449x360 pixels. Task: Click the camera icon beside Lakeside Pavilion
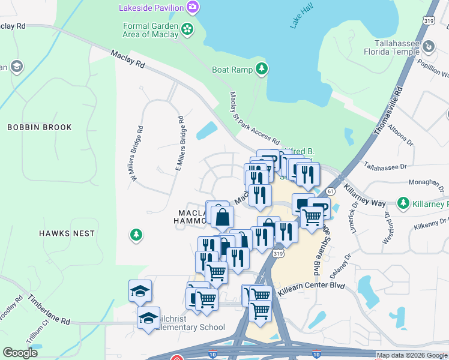[193, 8]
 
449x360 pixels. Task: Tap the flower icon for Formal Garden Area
[188, 29]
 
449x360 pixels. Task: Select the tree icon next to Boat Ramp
[262, 70]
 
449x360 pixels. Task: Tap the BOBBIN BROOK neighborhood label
[40, 127]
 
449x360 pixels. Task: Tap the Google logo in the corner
[20, 352]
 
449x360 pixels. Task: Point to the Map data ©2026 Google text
[412, 355]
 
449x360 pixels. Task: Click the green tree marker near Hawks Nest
[137, 235]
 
